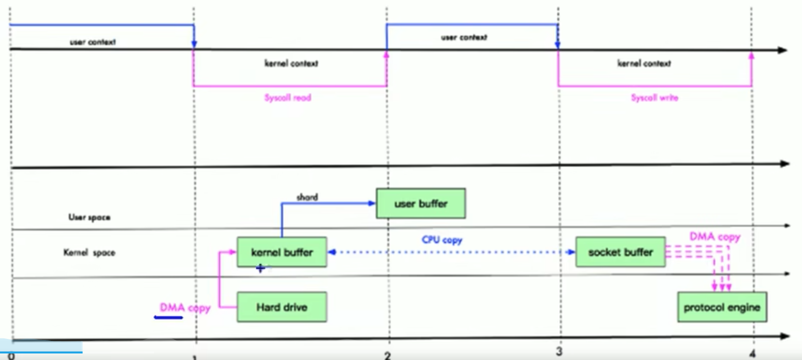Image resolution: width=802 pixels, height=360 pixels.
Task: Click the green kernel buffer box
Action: coord(282,252)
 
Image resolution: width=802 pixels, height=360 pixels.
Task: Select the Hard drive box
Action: coord(282,307)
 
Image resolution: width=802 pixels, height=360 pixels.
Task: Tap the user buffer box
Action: coord(421,203)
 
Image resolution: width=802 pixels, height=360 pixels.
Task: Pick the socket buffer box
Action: coord(620,252)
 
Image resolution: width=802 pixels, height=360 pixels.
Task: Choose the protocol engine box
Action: coord(722,307)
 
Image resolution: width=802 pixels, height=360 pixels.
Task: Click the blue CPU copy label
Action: coord(442,239)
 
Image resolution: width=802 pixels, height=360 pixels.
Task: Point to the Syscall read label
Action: coord(288,97)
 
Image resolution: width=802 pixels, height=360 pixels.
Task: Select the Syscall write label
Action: coord(654,97)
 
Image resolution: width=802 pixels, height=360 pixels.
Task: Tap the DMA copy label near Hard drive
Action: coord(184,307)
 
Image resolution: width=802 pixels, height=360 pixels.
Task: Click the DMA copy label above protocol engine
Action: coord(715,236)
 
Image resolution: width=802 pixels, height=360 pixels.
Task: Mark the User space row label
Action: coord(89,217)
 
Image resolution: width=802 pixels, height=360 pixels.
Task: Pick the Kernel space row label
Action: coord(89,252)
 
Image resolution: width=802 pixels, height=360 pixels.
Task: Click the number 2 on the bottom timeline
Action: coord(387,355)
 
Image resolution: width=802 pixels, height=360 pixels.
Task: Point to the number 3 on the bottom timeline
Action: coord(559,351)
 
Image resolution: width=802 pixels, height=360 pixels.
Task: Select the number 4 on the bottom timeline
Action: coord(752,353)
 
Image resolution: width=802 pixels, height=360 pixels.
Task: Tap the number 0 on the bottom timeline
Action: coord(12,356)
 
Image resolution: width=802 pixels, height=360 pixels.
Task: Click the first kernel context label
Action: coord(291,63)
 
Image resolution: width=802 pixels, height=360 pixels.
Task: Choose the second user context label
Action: coord(464,37)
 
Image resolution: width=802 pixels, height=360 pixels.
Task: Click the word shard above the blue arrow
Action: coord(307,197)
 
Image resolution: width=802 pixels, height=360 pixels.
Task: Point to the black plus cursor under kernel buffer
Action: coord(260,269)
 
